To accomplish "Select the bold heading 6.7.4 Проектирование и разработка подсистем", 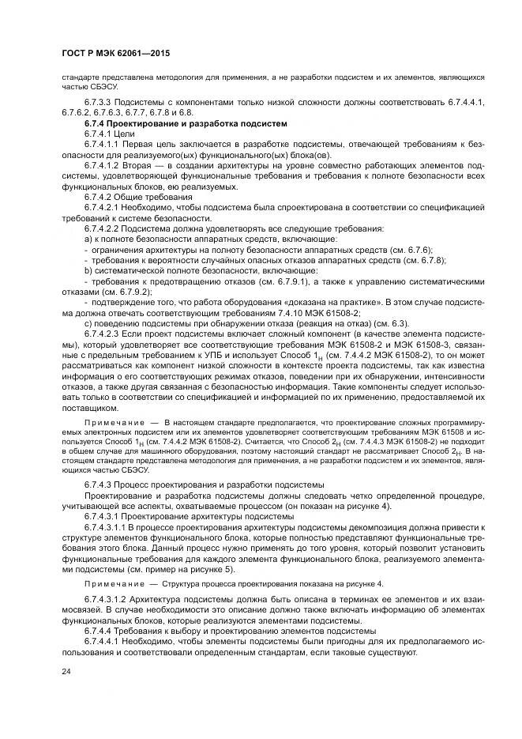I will [x=185, y=124].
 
